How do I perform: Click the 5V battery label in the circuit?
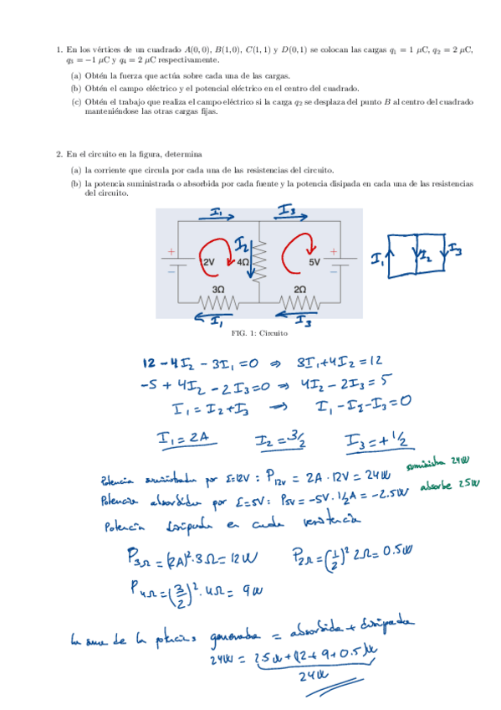point(315,261)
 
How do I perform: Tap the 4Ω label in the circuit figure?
point(243,262)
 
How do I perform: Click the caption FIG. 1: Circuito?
point(259,332)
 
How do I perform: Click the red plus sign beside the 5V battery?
point(333,250)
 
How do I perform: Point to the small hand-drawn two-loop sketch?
point(417,255)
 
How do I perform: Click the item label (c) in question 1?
point(76,102)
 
